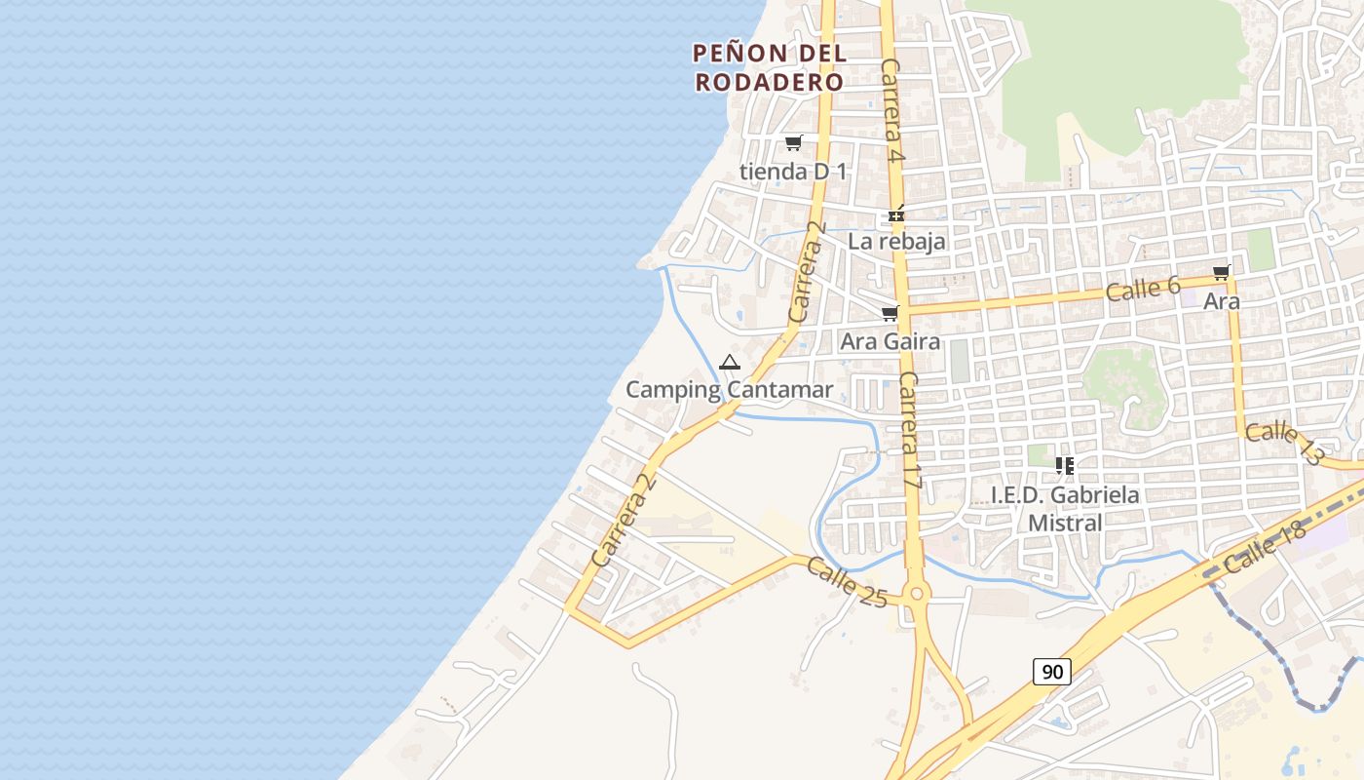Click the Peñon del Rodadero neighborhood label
769,67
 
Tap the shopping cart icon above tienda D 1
793,143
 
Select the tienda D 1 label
793,172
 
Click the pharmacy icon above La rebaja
896,214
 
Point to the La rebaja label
896,241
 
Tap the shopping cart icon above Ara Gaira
890,314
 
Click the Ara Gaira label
890,341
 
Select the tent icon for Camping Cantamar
729,363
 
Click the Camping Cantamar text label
729,390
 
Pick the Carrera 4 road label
893,109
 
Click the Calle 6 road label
1143,288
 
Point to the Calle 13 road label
1284,442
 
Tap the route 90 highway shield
1052,671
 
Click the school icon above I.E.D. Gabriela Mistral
1064,466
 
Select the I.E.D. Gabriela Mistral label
1065,508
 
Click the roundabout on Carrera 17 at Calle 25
914,594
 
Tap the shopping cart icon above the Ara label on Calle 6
1221,273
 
